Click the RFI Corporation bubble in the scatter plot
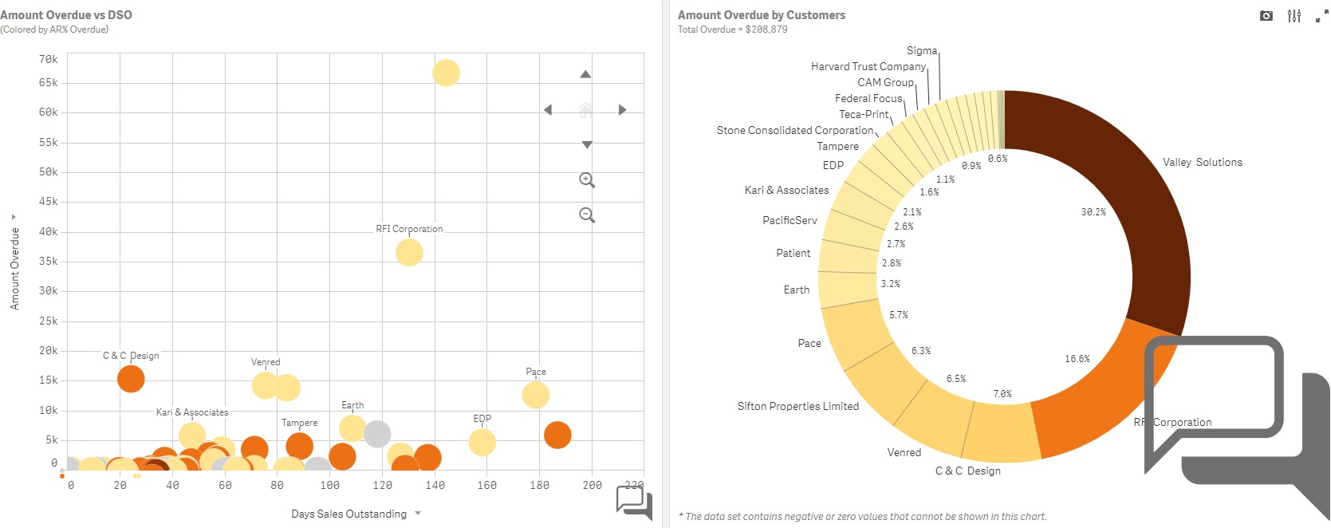coord(409,252)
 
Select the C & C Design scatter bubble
coord(131,379)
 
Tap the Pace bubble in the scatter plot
coord(535,395)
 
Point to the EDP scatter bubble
coord(482,443)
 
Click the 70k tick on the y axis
coord(48,59)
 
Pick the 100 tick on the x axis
coord(330,485)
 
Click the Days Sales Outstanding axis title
coord(349,514)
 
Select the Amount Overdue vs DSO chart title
coord(66,15)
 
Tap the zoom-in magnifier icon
coord(587,180)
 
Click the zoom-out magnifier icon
coord(587,215)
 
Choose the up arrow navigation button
coord(585,74)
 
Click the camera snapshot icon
coord(1266,16)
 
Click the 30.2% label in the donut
coord(1093,211)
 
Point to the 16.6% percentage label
coord(1077,359)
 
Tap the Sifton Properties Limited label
coord(798,406)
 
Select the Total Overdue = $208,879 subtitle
coord(733,30)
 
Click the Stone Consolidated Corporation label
coord(795,130)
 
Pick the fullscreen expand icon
coord(1321,16)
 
